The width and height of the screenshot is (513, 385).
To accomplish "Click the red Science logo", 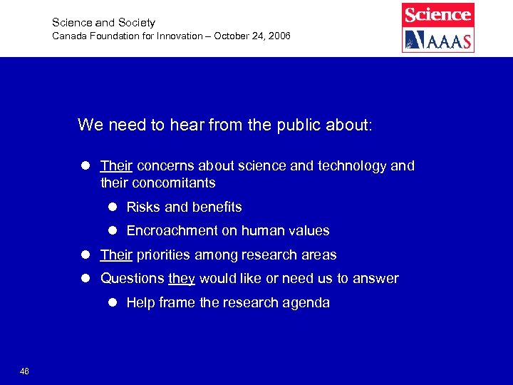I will (437, 14).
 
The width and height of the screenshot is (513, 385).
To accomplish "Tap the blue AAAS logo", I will (437, 39).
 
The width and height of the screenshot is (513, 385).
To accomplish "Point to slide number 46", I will (25, 371).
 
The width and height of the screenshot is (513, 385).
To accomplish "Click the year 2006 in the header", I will (279, 36).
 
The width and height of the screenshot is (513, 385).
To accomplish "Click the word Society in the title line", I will (135, 23).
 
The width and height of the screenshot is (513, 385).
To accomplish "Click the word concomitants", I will (174, 183).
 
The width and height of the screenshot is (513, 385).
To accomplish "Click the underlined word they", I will (182, 279).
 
